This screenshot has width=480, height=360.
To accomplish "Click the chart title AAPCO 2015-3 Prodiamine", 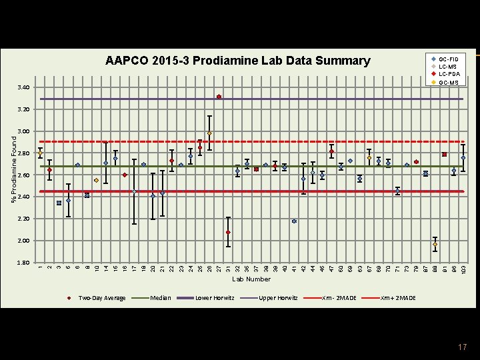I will pos(237,61).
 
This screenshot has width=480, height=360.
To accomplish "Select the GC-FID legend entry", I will pos(448,59).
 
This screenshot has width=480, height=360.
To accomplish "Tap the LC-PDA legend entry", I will pos(448,74).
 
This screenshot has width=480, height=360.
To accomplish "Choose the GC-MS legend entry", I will pos(448,82).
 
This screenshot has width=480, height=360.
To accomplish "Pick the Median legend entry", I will pos(161,297).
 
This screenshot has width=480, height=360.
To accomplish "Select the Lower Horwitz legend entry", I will pos(213,297).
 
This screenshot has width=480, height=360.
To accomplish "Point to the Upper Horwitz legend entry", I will pos(277,297).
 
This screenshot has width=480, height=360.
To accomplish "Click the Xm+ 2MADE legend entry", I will pos(397,297).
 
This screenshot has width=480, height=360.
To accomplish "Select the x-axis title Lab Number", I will pos(251,279).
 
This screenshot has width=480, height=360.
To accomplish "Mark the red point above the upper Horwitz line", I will pos(219,97).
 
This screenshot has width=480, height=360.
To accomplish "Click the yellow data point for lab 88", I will pos(435,245).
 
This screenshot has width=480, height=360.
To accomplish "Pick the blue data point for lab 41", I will pos(294,221).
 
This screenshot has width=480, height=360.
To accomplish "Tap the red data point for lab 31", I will pos(228,232).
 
